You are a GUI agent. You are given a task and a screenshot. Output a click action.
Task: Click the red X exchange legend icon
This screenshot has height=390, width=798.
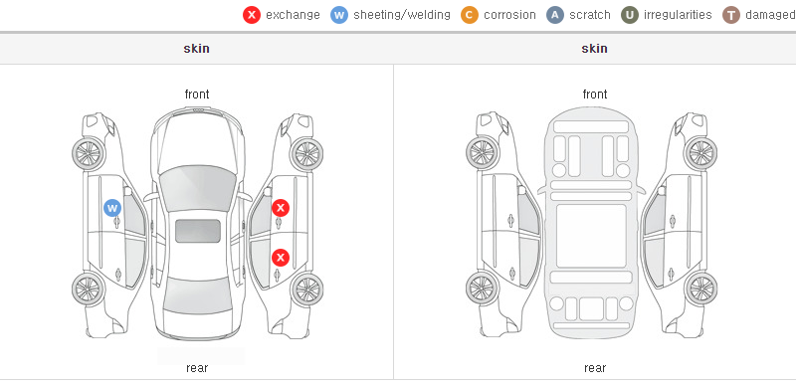pyautogui.click(x=252, y=15)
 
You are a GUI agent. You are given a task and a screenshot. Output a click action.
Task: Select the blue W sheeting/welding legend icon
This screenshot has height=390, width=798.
pyautogui.click(x=339, y=15)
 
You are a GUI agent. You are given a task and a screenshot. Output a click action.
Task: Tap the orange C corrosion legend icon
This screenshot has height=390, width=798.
pyautogui.click(x=470, y=15)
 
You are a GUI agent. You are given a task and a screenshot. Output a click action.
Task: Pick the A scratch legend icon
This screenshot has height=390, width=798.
pyautogui.click(x=555, y=15)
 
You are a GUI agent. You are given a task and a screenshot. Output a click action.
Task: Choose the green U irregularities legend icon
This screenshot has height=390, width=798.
pyautogui.click(x=630, y=15)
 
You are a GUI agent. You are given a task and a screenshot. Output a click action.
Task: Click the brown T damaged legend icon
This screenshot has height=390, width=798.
pyautogui.click(x=731, y=15)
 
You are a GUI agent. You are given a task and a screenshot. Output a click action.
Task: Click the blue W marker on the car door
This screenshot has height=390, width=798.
pyautogui.click(x=112, y=208)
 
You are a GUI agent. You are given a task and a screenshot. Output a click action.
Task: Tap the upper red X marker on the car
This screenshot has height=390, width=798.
pyautogui.click(x=281, y=208)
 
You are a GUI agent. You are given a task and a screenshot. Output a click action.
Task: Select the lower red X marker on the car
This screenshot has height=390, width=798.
pyautogui.click(x=281, y=258)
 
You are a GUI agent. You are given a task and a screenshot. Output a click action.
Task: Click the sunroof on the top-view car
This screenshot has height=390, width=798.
pyautogui.click(x=198, y=231)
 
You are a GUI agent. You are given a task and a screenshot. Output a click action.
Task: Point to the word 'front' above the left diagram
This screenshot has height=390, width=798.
pyautogui.click(x=197, y=95)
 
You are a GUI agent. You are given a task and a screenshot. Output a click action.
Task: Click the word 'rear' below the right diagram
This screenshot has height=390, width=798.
pyautogui.click(x=595, y=368)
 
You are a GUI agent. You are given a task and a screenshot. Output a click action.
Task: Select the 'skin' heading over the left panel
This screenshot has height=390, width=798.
pyautogui.click(x=196, y=49)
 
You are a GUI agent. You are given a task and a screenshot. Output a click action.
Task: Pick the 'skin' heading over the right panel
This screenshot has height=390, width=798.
pyautogui.click(x=594, y=49)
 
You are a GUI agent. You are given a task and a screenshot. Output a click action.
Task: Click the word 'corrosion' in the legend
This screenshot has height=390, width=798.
pyautogui.click(x=510, y=15)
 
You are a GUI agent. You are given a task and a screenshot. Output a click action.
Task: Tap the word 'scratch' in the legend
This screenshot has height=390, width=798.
pyautogui.click(x=590, y=15)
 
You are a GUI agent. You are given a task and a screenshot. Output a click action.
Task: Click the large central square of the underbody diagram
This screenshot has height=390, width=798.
pyautogui.click(x=591, y=236)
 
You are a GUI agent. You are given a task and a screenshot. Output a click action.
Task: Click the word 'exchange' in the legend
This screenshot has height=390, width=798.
pyautogui.click(x=294, y=15)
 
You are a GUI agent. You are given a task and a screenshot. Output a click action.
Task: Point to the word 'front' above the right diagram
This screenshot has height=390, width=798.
pyautogui.click(x=595, y=95)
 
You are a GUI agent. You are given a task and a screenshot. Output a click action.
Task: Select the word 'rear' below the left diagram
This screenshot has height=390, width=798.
pyautogui.click(x=197, y=368)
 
